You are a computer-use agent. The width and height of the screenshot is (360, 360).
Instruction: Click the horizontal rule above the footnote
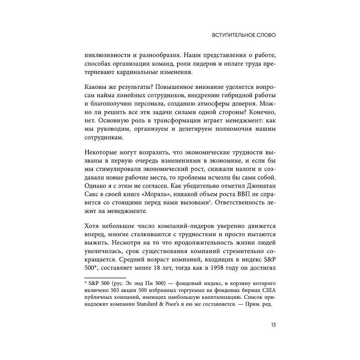(105, 278)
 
